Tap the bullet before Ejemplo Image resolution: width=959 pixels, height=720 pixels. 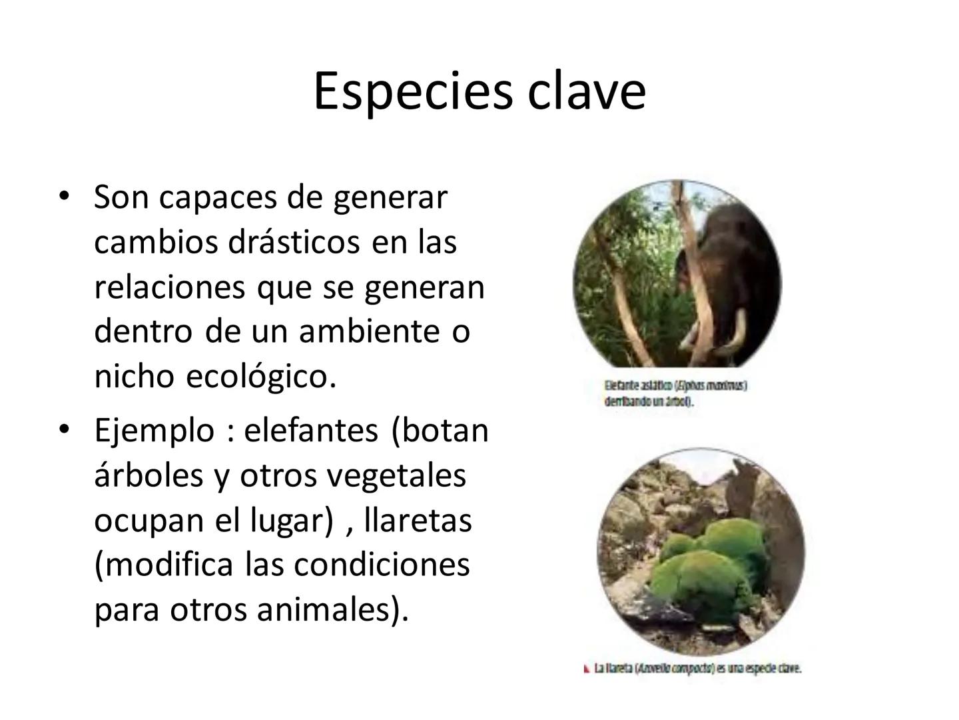[x=64, y=429]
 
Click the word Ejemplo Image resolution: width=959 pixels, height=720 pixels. [x=154, y=430]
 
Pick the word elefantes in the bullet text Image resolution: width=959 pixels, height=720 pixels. [x=311, y=430]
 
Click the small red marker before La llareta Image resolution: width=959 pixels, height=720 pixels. [x=587, y=668]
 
